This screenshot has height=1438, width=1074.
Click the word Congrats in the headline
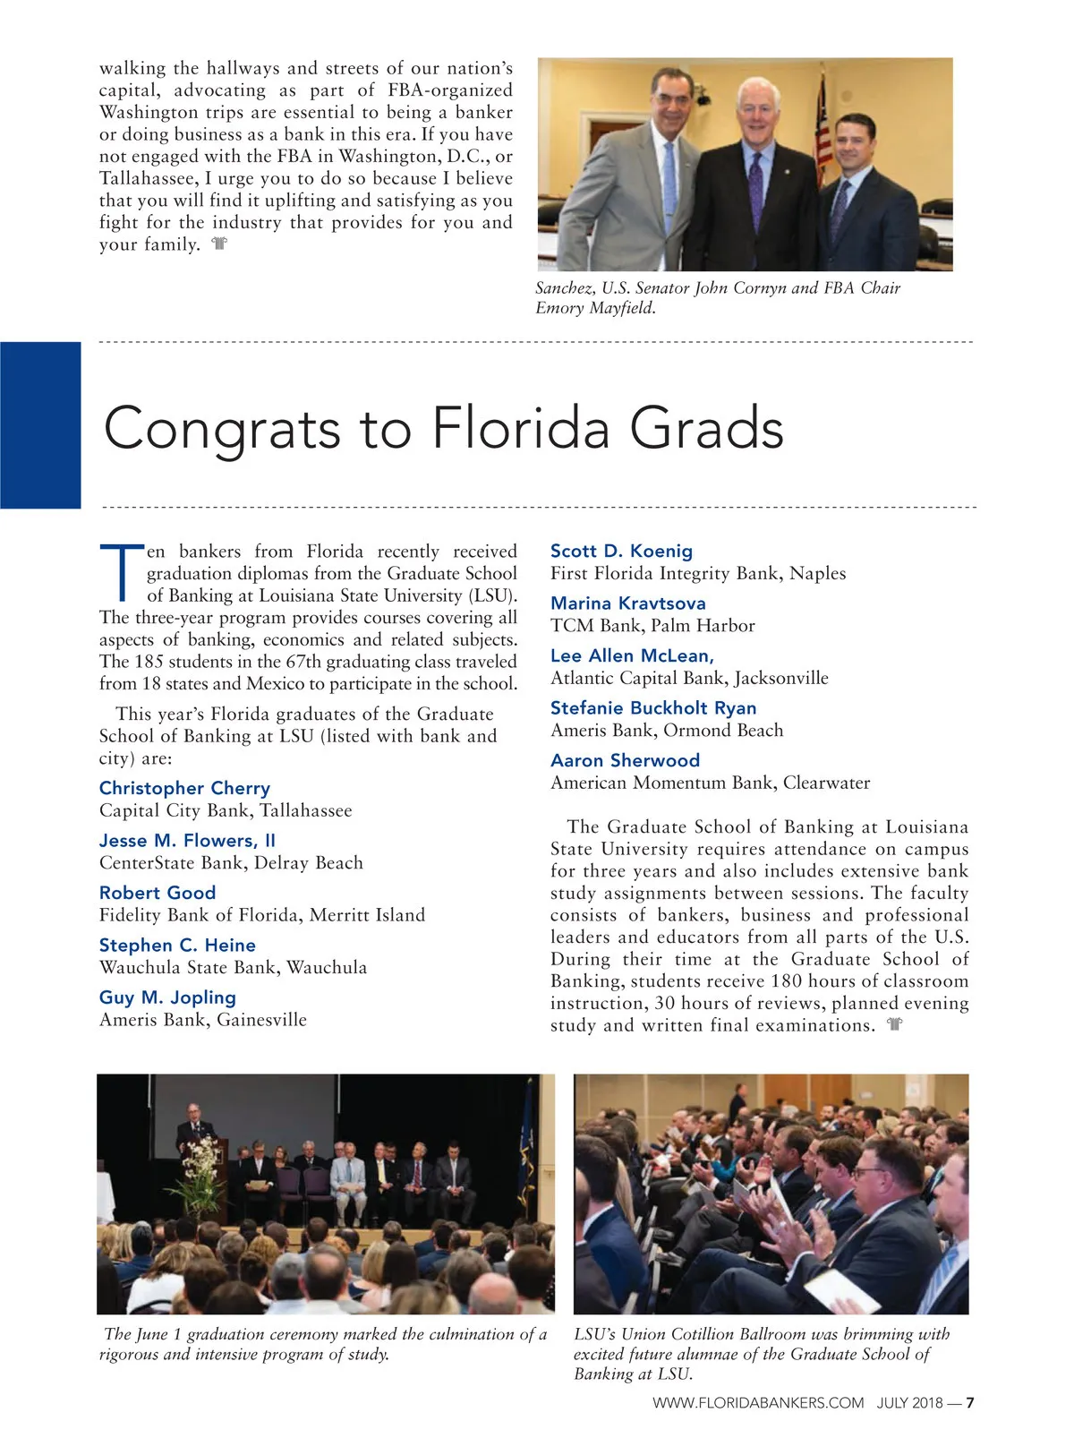222,429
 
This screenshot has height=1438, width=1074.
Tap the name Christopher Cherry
184,788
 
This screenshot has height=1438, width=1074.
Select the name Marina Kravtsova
627,603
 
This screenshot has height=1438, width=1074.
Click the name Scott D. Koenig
621,551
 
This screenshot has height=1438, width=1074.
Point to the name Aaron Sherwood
625,760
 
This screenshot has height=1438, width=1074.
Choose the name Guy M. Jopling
167,997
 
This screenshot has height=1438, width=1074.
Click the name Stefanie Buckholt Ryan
653,708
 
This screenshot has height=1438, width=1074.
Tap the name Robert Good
158,893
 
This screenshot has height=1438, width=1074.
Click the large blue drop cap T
121,571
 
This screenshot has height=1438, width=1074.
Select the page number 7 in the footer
969,1403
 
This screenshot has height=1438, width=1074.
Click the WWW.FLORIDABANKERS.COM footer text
758,1403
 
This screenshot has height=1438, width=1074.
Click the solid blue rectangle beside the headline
40,425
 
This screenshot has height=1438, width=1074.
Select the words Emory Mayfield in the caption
595,308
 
